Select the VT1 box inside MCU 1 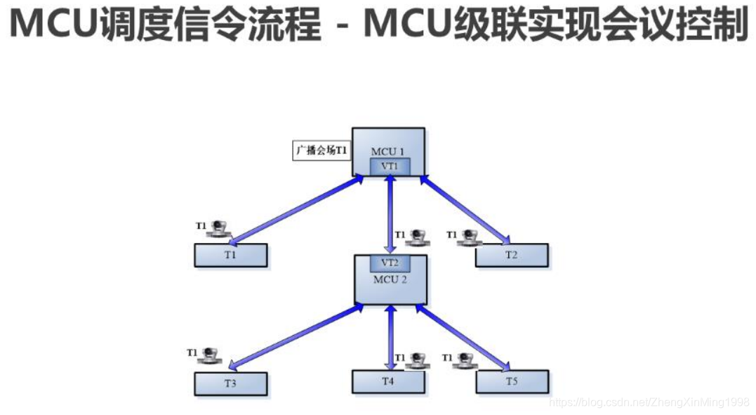(x=390, y=166)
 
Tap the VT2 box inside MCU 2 (x=390, y=263)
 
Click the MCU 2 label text (x=390, y=279)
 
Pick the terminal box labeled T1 (x=230, y=255)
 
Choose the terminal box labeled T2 (x=511, y=255)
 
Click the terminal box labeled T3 (x=230, y=383)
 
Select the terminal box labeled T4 (x=388, y=381)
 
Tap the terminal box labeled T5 (x=511, y=381)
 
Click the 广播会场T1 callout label (x=321, y=151)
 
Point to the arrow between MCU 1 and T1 (x=298, y=209)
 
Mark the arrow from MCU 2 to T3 (x=295, y=336)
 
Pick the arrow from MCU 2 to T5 (x=463, y=336)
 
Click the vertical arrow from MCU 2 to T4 (x=390, y=337)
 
